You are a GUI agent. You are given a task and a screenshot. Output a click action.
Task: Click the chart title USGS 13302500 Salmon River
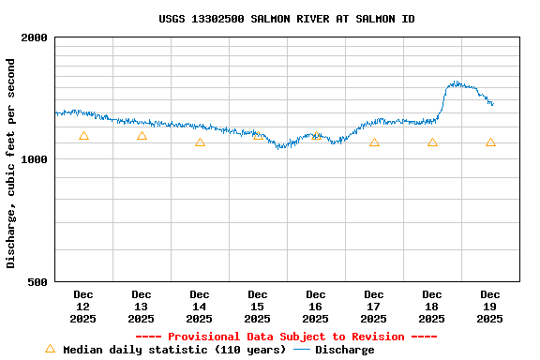(x=286, y=19)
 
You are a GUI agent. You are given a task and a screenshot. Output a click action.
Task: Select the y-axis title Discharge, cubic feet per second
(x=11, y=163)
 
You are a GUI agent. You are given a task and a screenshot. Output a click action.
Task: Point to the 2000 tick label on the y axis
(x=35, y=37)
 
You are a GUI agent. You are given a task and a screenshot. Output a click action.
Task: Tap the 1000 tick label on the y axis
(x=35, y=159)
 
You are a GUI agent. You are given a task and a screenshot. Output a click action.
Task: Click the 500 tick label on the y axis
(x=38, y=281)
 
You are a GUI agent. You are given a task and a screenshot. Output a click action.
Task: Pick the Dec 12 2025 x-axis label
(x=83, y=307)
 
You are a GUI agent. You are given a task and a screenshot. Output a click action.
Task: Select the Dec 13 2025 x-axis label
(x=142, y=307)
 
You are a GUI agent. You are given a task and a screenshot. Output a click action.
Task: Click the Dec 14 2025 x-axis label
(x=200, y=307)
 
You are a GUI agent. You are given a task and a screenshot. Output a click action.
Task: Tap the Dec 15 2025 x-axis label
(x=258, y=307)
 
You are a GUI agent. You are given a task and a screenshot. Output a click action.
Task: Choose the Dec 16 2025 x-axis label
(x=316, y=307)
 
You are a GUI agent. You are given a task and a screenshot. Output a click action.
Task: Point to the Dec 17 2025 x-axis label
(x=374, y=307)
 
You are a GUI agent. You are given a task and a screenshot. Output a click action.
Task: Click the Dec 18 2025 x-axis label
(x=432, y=307)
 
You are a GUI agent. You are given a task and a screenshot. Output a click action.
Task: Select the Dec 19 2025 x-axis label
(x=490, y=307)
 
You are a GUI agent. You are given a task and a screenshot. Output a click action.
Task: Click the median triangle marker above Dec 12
(x=83, y=136)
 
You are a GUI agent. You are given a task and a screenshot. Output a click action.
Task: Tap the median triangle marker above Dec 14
(x=200, y=142)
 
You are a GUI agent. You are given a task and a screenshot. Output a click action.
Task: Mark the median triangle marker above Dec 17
(x=374, y=142)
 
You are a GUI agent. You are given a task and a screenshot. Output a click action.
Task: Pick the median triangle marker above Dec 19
(x=490, y=142)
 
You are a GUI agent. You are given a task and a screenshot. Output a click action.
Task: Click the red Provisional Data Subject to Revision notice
(x=286, y=337)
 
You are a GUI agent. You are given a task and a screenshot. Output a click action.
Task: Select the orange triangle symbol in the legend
(x=50, y=349)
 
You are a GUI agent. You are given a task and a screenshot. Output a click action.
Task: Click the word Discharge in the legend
(x=344, y=350)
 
